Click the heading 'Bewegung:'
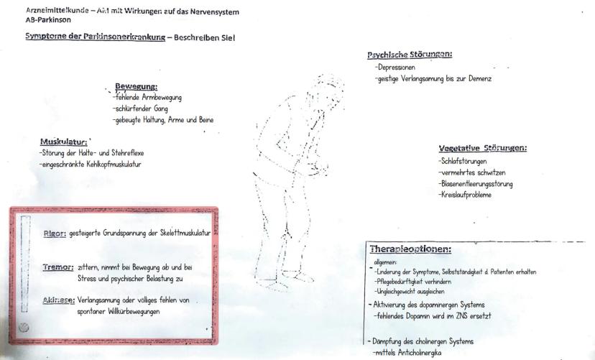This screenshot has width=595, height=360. point(136,87)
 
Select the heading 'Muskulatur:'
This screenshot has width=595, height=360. point(64,142)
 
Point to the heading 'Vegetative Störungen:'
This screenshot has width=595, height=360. point(482,149)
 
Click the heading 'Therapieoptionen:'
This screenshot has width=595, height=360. point(410,249)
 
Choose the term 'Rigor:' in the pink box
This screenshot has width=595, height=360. point(55,234)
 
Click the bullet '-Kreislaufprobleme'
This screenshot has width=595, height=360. point(465,195)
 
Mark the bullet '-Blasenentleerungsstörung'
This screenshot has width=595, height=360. point(476,185)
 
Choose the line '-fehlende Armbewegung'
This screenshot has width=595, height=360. point(147,97)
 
